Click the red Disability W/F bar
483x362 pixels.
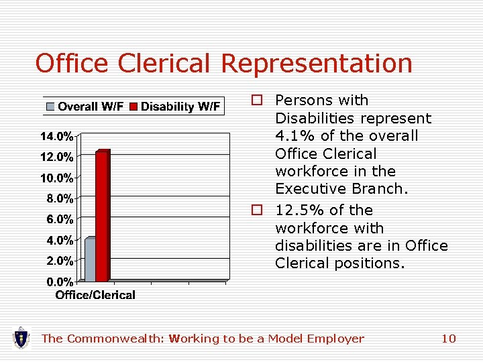pos(102,216)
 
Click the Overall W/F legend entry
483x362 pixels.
pos(85,107)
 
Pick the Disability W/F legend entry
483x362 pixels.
pos(175,107)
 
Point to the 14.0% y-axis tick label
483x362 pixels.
pos(57,137)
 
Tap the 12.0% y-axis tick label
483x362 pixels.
pos(57,158)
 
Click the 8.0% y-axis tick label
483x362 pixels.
pos(60,198)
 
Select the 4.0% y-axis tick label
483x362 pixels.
pos(60,240)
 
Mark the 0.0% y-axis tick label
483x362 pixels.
pos(60,281)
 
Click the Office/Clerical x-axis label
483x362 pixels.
pos(95,295)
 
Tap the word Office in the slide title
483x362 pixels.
pos(72,63)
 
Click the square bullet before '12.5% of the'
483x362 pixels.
pos(256,210)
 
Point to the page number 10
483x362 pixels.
pos(448,339)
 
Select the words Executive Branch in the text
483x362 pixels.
pos(341,188)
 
